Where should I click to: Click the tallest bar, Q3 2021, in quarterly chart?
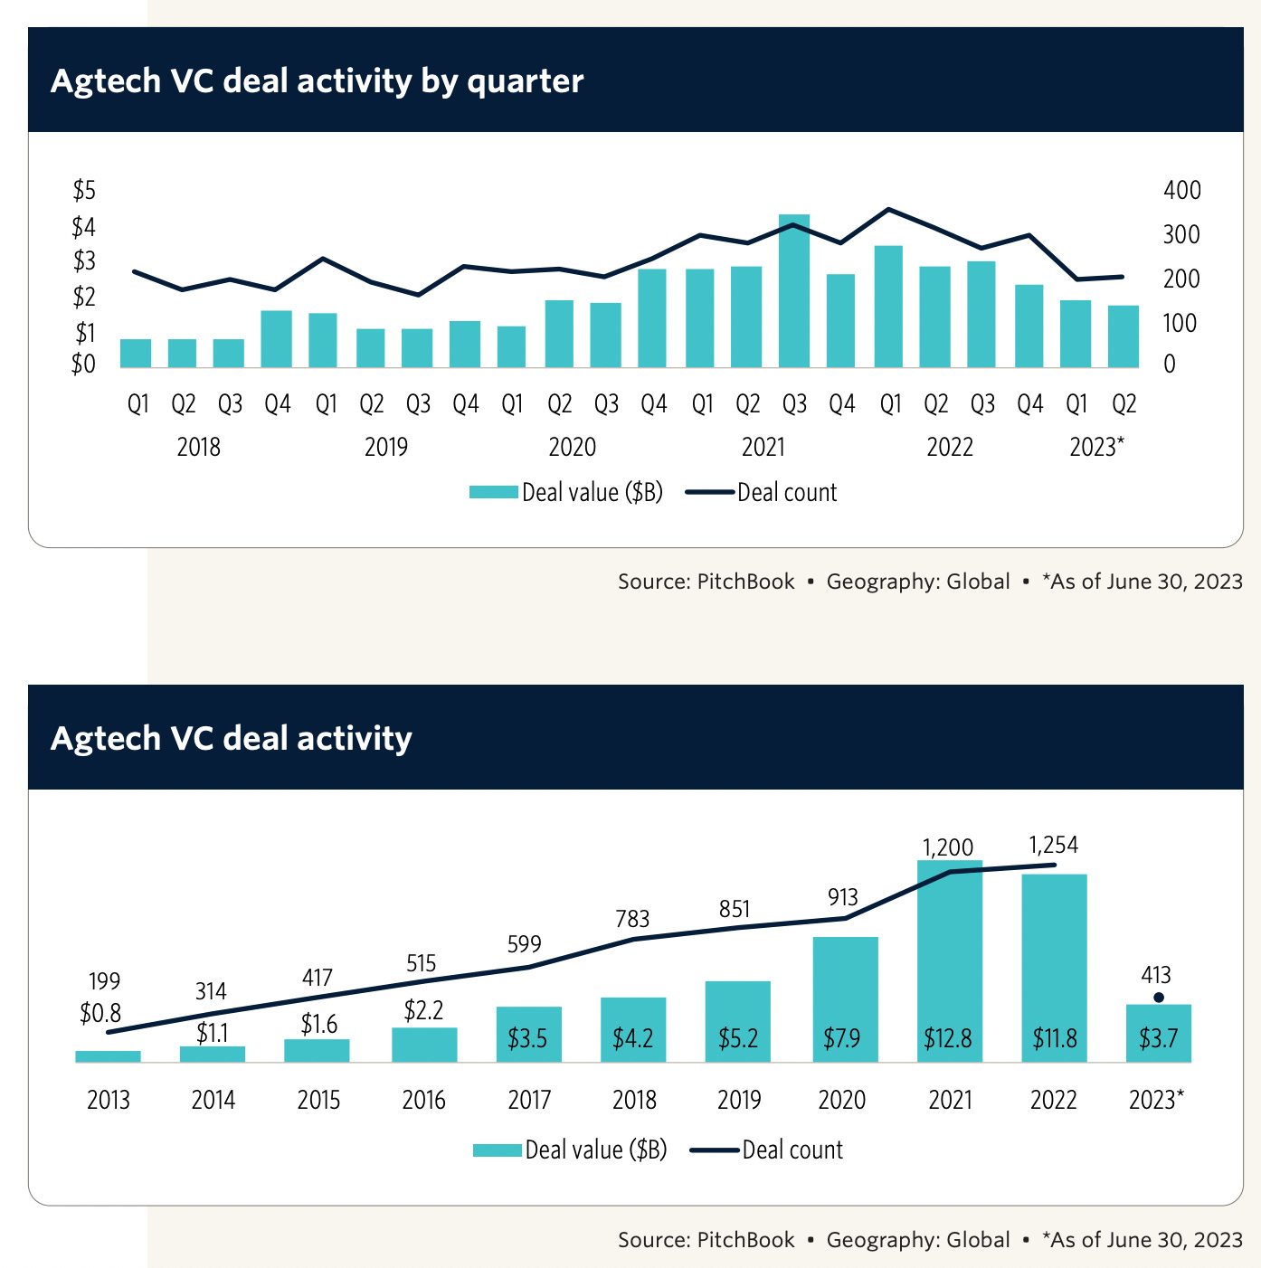(794, 291)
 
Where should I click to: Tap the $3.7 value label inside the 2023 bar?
(1158, 1038)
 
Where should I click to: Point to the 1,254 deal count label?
(1054, 846)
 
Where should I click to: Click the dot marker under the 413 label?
(1159, 998)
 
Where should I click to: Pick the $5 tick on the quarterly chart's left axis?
(84, 190)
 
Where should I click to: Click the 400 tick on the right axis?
(1182, 191)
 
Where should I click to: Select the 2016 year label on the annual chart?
(424, 1101)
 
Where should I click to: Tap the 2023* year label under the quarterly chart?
(1096, 447)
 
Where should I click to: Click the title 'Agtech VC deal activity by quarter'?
(317, 81)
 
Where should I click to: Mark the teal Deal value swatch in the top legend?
(494, 493)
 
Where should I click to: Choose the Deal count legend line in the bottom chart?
(715, 1150)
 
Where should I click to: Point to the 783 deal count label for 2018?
(632, 919)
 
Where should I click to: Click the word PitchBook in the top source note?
(745, 582)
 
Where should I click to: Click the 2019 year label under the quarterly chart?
(386, 447)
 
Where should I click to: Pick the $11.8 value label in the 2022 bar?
(1055, 1038)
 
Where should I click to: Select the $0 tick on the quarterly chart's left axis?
(84, 364)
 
